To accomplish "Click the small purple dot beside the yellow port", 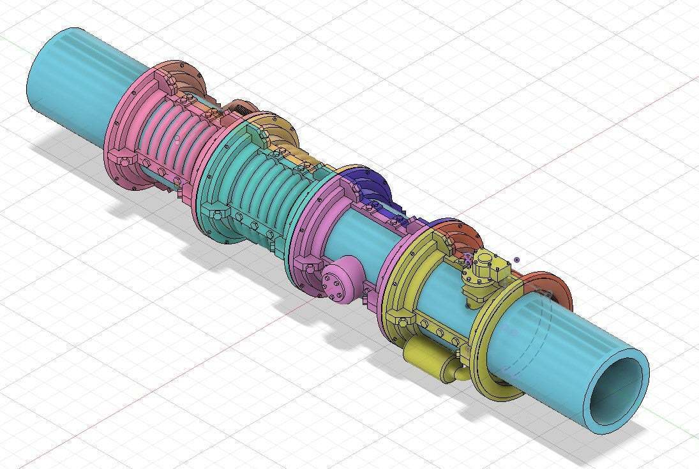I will tap(516, 260).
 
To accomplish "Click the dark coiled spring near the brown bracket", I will tap(242, 110).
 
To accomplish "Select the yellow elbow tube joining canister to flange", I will tap(455, 370).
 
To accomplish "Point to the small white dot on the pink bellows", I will tap(177, 140).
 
